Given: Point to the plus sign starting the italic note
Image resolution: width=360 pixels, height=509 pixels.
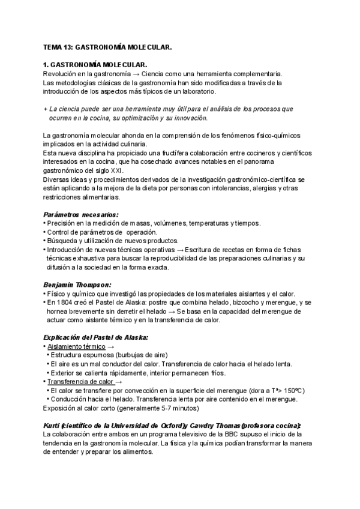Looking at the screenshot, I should pyautogui.click(x=46, y=109).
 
